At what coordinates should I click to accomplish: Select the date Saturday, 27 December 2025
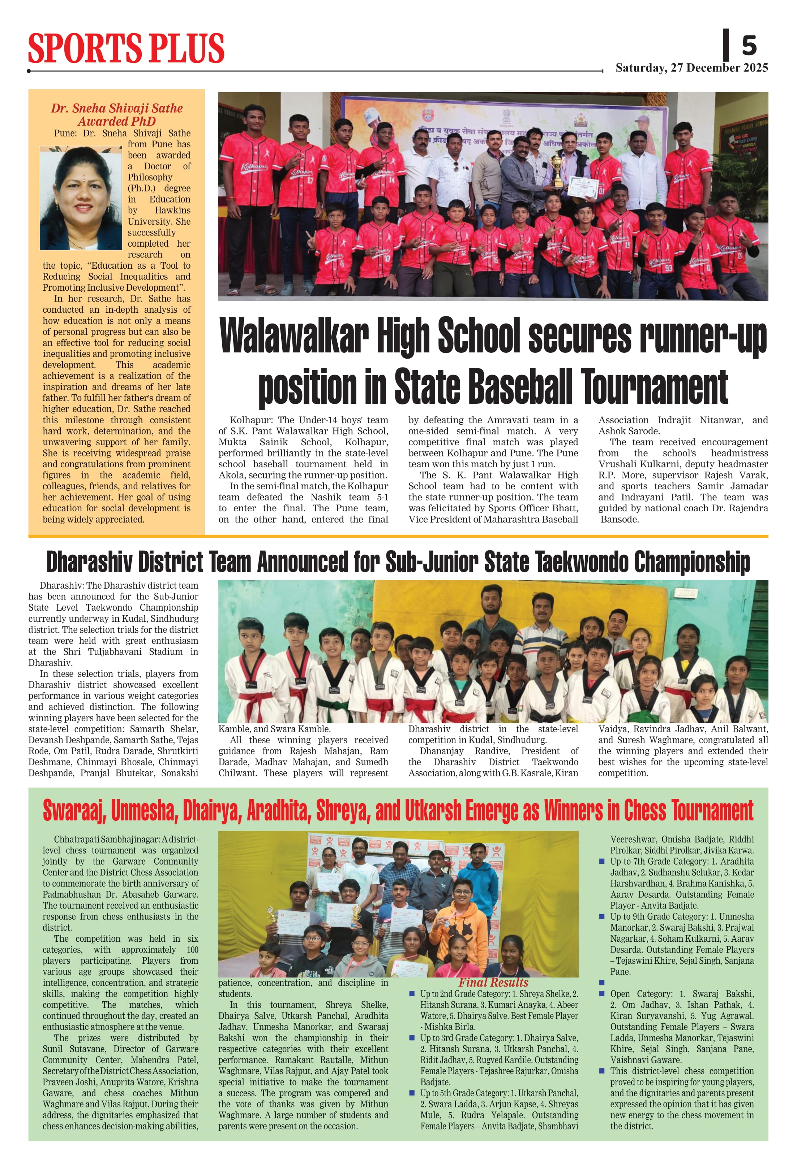pyautogui.click(x=691, y=68)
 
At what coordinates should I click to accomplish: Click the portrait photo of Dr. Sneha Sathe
pyautogui.click(x=81, y=198)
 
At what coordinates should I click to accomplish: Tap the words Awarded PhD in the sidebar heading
pyautogui.click(x=116, y=121)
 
